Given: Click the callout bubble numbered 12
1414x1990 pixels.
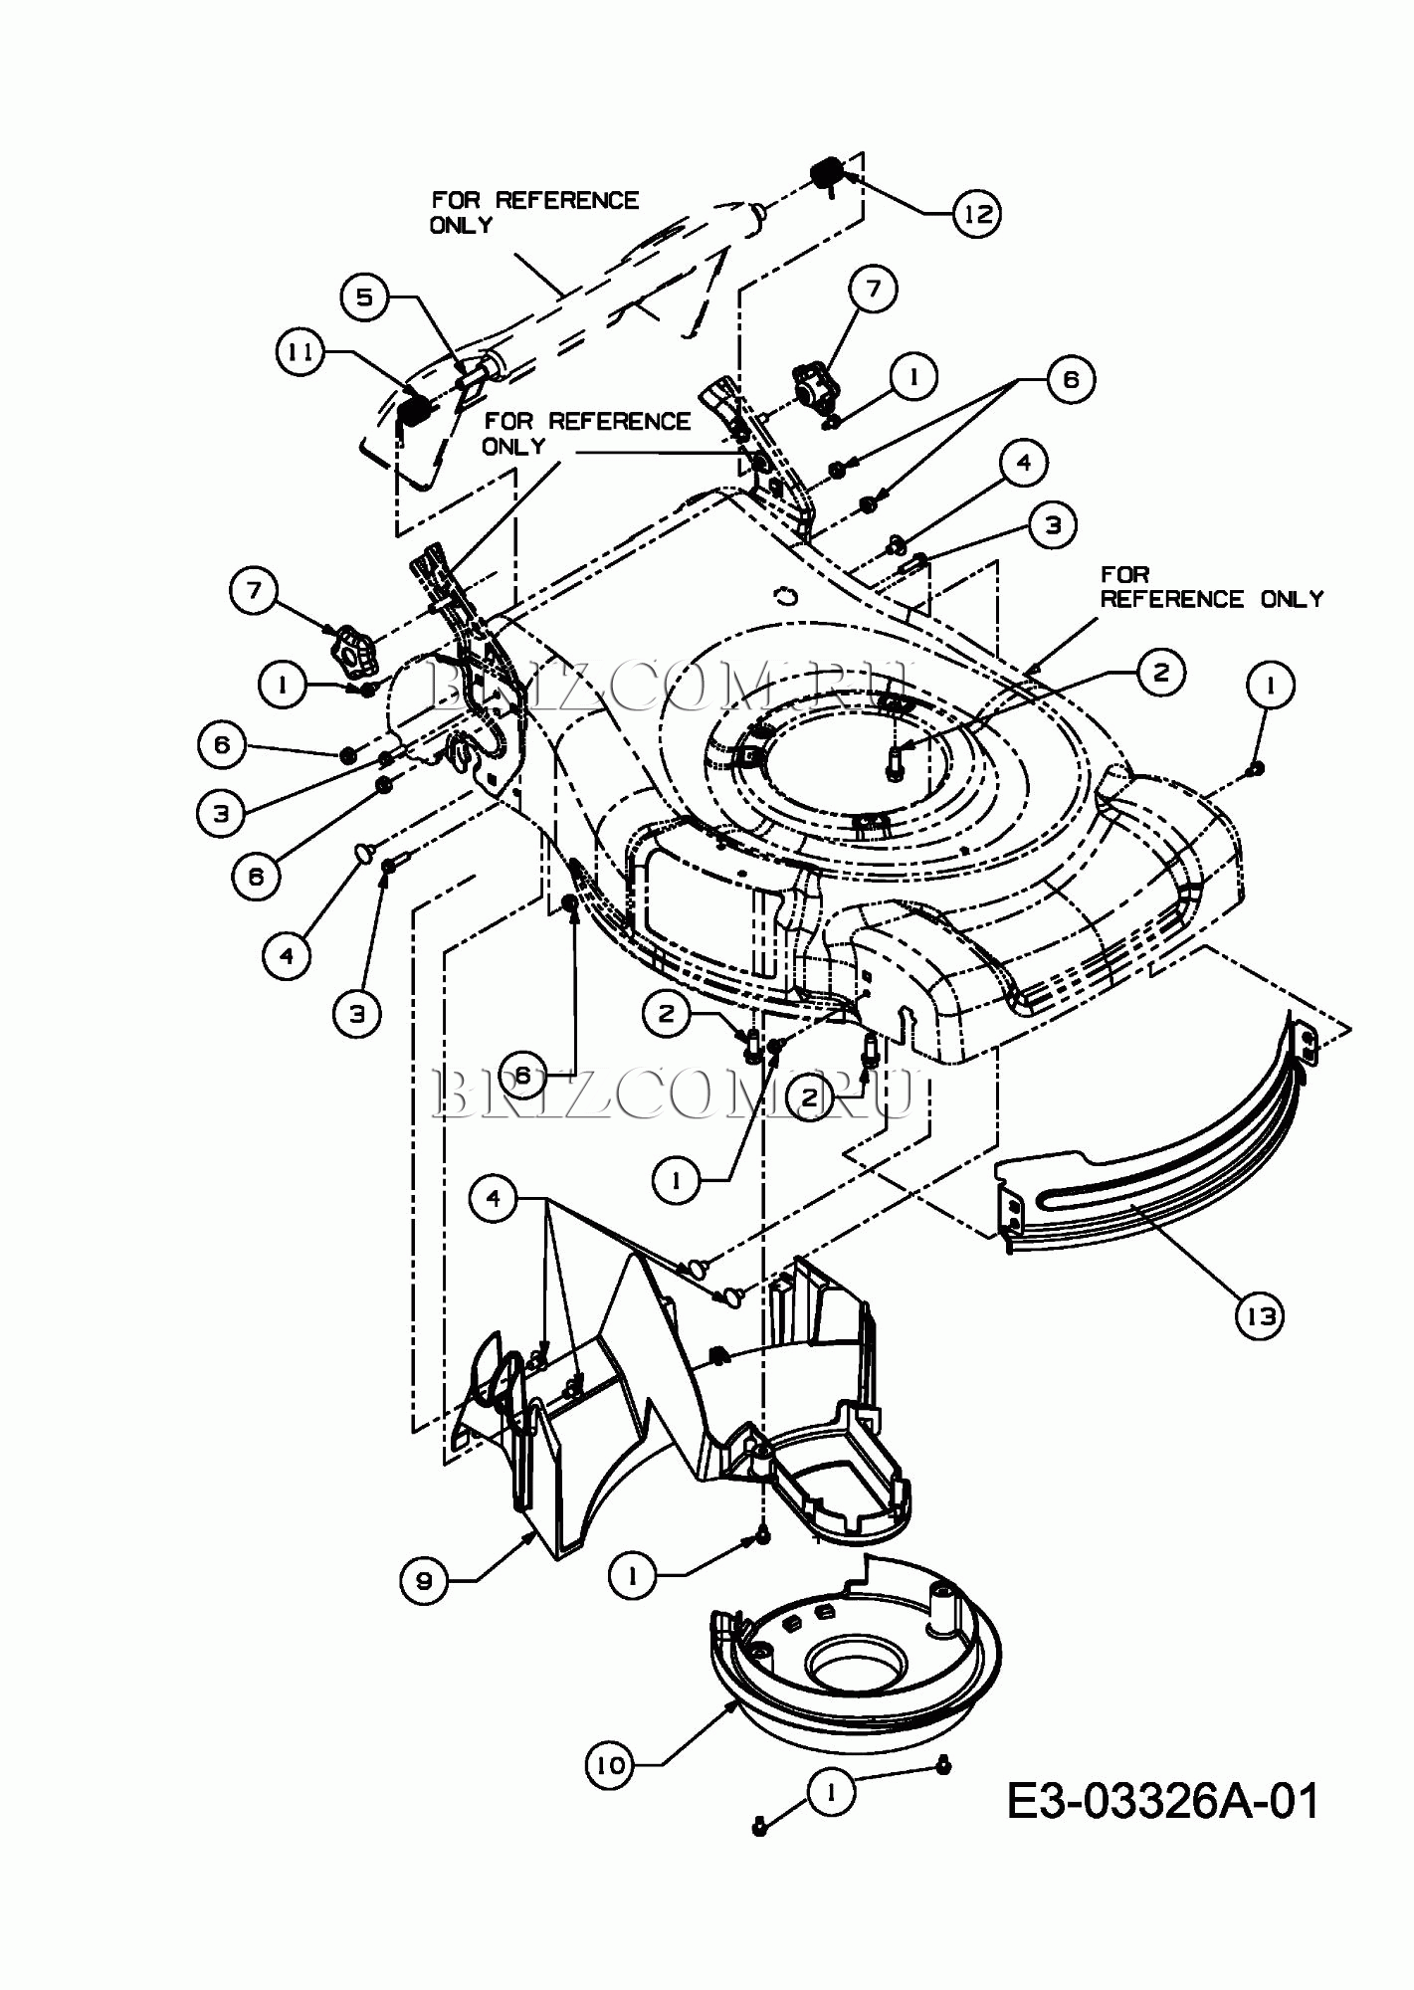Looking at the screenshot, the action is pos(977,214).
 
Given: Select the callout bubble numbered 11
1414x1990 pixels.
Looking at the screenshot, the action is pos(302,352).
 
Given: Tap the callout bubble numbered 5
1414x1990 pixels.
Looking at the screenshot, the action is pos(365,298).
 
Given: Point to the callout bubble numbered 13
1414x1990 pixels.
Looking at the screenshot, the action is pos(1260,1316).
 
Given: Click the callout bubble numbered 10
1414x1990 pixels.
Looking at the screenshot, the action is pos(610,1765).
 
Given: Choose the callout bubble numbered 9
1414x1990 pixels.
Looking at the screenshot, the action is pos(426,1580).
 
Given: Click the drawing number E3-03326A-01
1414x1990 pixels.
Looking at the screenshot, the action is pos(1163,1800).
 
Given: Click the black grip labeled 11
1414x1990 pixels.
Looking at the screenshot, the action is pos(414,407).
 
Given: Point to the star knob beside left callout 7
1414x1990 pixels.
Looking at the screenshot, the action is pos(349,648).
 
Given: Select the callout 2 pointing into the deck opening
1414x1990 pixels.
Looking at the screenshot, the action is pos(1159,673).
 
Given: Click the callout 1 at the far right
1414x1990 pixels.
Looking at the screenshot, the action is pos(1270,686).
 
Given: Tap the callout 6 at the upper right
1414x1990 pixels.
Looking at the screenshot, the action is pos(1070,379).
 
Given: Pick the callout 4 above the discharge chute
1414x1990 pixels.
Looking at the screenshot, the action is pos(495,1199).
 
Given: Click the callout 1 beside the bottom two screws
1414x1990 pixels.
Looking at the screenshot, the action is pos(832,1792).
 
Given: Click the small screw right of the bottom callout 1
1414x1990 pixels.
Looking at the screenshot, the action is pos(942,1764).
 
